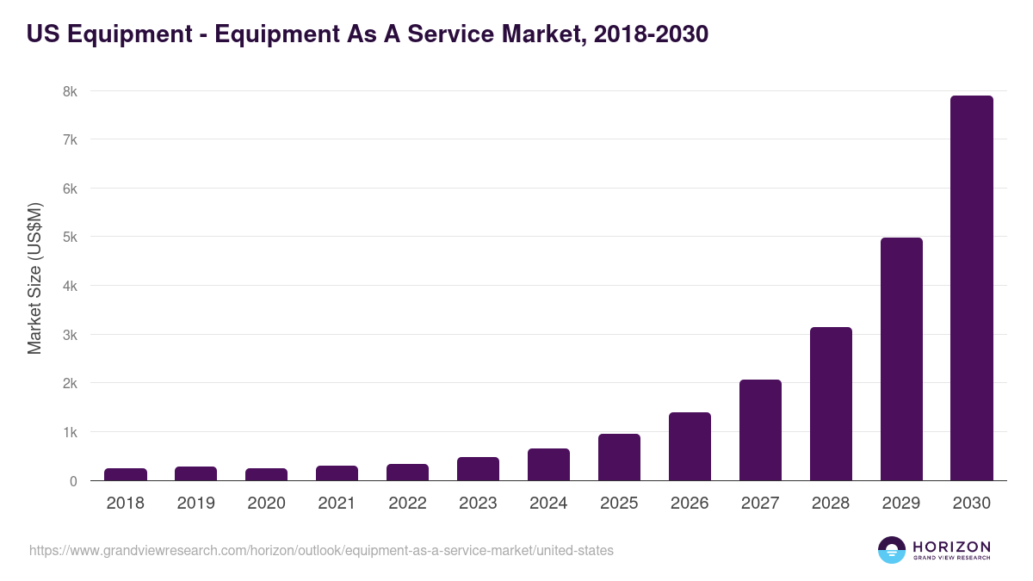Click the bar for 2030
(971, 288)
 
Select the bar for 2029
(901, 359)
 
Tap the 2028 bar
(831, 404)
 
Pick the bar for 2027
(760, 430)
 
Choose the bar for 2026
(690, 447)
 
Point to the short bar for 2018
(126, 474)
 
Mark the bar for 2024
(548, 465)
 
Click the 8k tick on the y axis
(69, 91)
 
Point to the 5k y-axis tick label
(69, 237)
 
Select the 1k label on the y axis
(69, 432)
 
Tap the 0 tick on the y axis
(73, 481)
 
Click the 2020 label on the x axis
(266, 504)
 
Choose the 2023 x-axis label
(478, 504)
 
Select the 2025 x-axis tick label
(619, 504)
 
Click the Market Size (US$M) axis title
(34, 279)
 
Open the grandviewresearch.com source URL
(321, 550)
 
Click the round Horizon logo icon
(892, 550)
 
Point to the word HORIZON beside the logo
(951, 547)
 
